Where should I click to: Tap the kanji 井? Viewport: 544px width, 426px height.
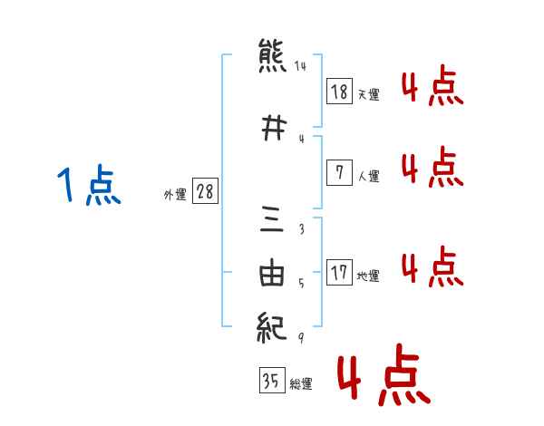pos(272,129)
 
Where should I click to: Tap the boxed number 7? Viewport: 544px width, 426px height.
pos(339,172)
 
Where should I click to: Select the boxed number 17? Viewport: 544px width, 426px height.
pos(339,273)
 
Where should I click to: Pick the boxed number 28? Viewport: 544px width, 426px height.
pos(205,192)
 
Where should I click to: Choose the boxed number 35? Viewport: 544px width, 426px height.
pos(271,382)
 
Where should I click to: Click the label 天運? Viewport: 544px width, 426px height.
pos(368,95)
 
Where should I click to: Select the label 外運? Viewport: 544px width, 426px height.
pos(174,195)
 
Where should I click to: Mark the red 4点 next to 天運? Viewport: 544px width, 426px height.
pos(432,89)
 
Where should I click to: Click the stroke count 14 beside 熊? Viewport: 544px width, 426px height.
pos(300,66)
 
